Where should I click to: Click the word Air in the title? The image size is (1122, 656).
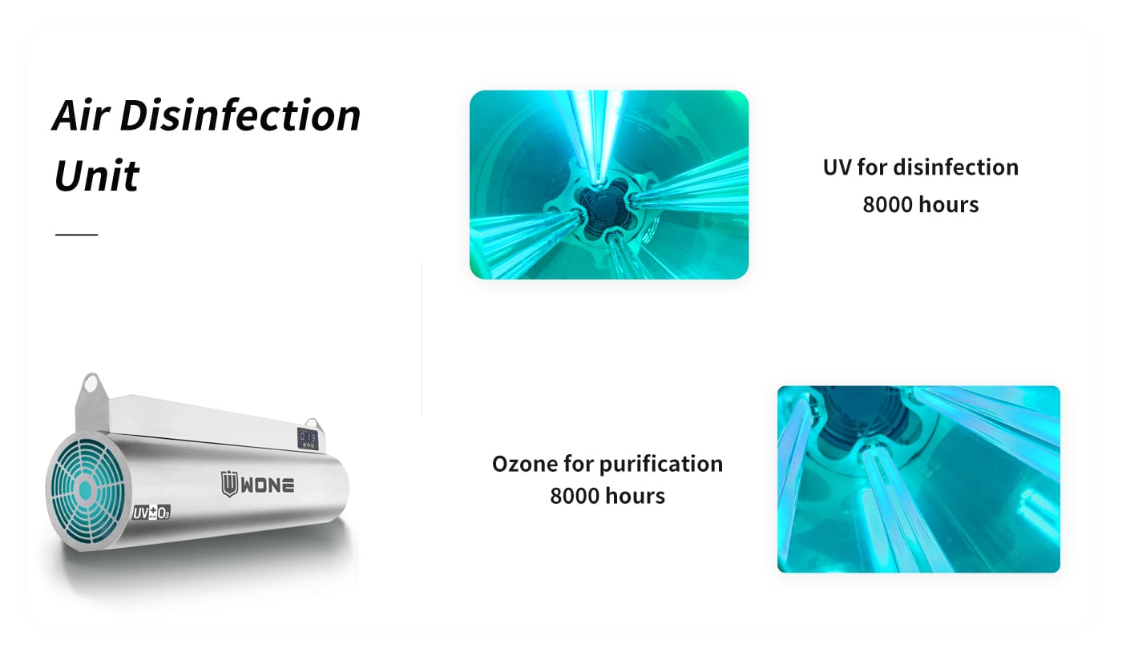(x=81, y=115)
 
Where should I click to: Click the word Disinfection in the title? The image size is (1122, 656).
(x=240, y=115)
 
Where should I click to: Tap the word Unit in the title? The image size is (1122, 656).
(x=96, y=175)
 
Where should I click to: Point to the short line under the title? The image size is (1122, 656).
(x=77, y=235)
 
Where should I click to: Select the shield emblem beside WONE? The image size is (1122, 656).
(x=229, y=485)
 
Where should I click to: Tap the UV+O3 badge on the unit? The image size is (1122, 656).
(x=151, y=513)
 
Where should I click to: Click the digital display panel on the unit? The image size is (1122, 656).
(x=307, y=438)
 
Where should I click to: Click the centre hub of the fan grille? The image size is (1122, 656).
(x=85, y=490)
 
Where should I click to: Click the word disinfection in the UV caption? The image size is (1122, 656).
(x=956, y=167)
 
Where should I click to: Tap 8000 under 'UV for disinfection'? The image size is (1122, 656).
(x=886, y=205)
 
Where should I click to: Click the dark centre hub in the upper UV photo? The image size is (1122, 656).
(x=603, y=209)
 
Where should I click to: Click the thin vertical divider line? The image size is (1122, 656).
(x=422, y=339)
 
